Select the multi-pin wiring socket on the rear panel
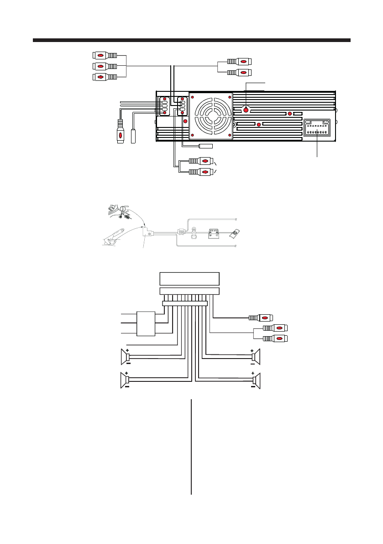tap(317, 127)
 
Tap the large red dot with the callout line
tap(246, 110)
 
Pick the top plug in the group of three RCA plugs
tap(105, 55)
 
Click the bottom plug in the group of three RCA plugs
tap(105, 77)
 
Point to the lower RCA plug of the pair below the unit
tap(201, 172)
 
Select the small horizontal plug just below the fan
tap(206, 147)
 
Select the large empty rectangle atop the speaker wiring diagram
tap(189, 278)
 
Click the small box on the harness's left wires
tap(146, 323)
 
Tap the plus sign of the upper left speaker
tap(127, 350)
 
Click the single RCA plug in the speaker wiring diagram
tap(260, 317)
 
